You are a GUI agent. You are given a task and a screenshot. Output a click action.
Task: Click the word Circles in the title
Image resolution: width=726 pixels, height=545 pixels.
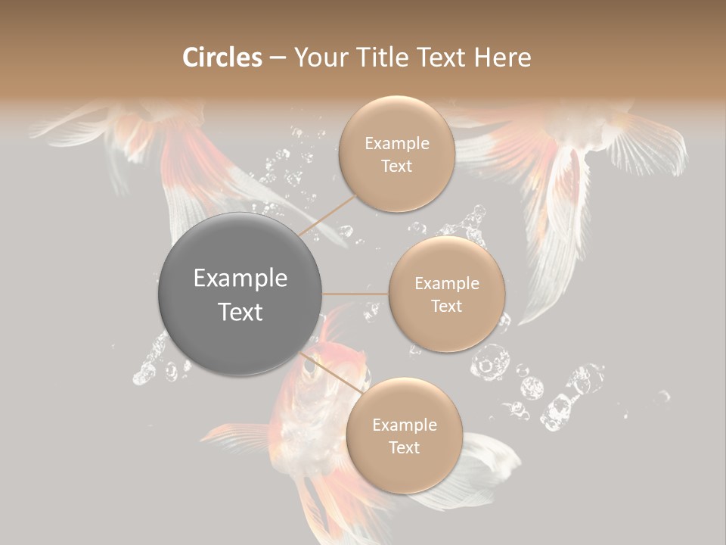[222, 58]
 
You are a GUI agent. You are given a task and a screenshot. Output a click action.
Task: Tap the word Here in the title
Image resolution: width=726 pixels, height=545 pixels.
[503, 58]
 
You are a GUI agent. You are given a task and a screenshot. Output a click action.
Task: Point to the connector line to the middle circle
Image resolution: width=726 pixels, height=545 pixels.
[355, 294]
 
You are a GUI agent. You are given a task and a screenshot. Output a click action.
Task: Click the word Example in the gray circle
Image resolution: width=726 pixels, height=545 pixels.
[240, 279]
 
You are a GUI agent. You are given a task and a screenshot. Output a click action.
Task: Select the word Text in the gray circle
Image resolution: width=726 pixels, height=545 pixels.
[240, 312]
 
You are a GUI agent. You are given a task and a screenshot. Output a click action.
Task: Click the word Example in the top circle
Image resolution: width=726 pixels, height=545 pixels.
[397, 144]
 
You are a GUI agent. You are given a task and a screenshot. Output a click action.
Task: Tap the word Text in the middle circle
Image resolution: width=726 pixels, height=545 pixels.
[446, 307]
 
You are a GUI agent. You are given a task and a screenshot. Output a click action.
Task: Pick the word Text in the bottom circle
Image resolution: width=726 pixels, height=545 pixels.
[404, 448]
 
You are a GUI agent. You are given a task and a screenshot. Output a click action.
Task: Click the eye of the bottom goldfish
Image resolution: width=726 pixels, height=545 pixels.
[309, 366]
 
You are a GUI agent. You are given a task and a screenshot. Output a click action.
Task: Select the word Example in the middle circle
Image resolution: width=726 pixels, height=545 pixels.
[447, 284]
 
